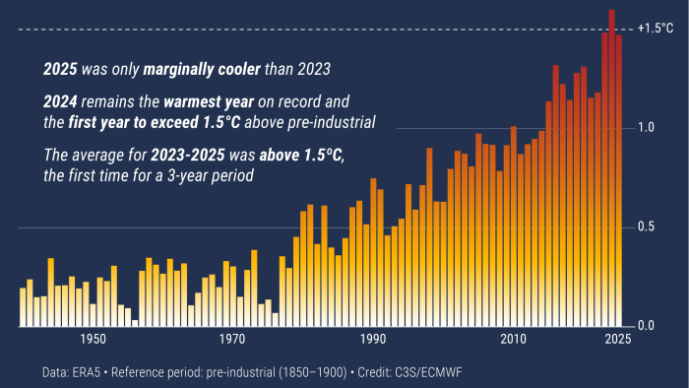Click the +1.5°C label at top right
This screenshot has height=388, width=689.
pos(655,29)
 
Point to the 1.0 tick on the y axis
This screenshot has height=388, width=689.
pos(645,128)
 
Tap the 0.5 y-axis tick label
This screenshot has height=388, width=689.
pos(645,227)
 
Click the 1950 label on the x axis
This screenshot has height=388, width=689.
pos(94,340)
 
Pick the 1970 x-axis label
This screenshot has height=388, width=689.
pos(232,340)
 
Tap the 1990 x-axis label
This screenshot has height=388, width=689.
pos(372,340)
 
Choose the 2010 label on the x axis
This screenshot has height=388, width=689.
pos(512,340)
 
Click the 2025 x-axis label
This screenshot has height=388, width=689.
pos(616,340)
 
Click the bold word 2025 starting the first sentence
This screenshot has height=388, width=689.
pos(61,70)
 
